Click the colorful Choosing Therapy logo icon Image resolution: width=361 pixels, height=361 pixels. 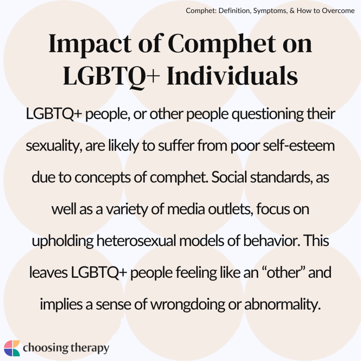click(11, 348)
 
